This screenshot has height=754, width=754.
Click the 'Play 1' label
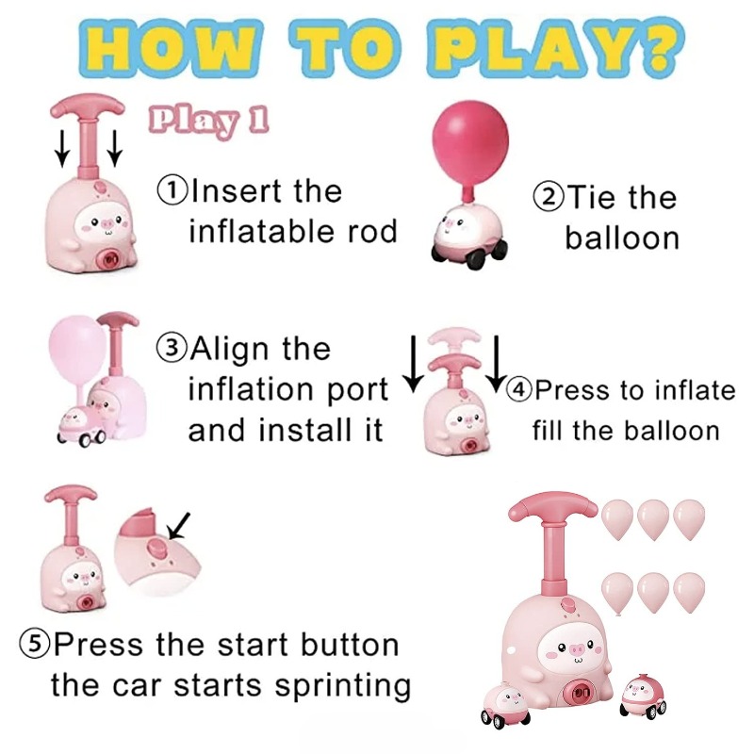207,122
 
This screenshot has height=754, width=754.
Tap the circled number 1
172,191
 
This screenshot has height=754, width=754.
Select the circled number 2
548,197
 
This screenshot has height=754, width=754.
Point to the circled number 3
172,348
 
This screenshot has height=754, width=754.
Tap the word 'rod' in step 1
372,231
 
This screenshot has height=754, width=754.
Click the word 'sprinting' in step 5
342,686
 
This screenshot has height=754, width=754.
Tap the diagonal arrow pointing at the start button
179,526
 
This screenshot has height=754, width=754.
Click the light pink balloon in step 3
76,346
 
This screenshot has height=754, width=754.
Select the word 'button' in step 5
350,645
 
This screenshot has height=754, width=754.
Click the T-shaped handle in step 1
88,108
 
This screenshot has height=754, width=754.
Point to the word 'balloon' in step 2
622,238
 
